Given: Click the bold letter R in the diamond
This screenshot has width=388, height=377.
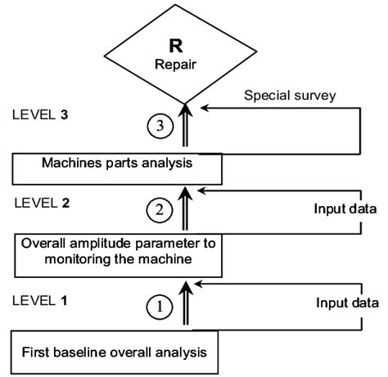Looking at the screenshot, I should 187,46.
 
